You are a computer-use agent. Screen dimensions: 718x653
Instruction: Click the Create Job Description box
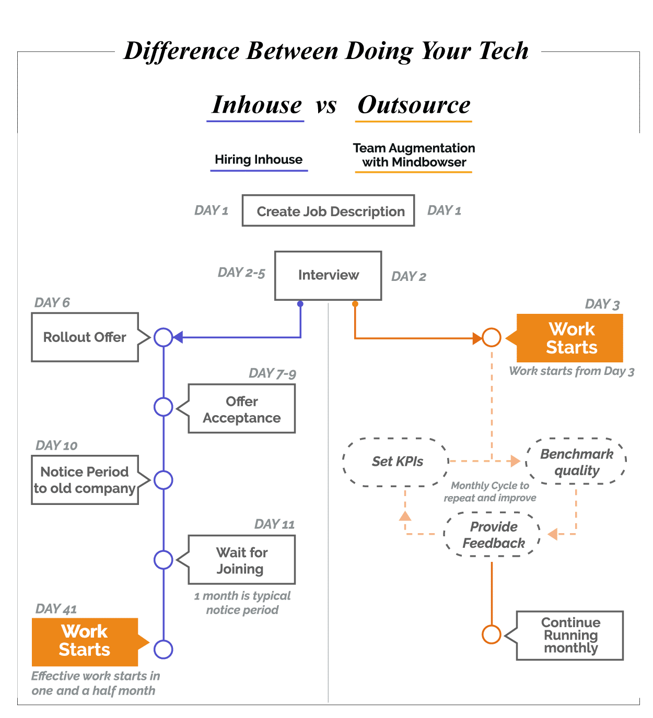pyautogui.click(x=328, y=211)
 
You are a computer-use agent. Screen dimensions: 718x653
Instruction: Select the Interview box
pyautogui.click(x=328, y=275)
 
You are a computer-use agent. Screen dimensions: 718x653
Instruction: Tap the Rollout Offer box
pyautogui.click(x=85, y=337)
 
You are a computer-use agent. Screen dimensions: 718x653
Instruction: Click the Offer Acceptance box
pyautogui.click(x=242, y=409)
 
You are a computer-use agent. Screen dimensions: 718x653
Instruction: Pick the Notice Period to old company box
pyautogui.click(x=85, y=480)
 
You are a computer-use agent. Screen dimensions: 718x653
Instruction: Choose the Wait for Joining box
pyautogui.click(x=242, y=560)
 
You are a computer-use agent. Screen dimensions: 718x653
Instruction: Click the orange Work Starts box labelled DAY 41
pyautogui.click(x=85, y=641)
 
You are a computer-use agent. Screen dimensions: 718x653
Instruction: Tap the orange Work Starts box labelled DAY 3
pyautogui.click(x=570, y=338)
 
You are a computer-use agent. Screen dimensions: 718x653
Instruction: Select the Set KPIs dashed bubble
pyautogui.click(x=397, y=462)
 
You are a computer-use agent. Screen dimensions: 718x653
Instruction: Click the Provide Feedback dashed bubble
pyautogui.click(x=493, y=535)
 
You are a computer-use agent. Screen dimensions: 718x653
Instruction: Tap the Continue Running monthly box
pyautogui.click(x=570, y=635)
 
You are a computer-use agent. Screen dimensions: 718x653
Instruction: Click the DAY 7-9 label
pyautogui.click(x=272, y=373)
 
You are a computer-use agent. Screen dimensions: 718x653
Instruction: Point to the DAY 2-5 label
pyautogui.click(x=241, y=273)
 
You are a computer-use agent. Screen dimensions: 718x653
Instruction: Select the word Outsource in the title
pyautogui.click(x=414, y=105)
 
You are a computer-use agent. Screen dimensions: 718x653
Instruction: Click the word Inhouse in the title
pyautogui.click(x=256, y=105)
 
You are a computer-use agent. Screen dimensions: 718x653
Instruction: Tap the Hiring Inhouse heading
pyautogui.click(x=259, y=159)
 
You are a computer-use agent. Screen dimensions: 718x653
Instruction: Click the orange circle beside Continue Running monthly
pyautogui.click(x=491, y=634)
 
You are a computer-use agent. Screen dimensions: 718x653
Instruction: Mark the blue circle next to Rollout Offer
pyautogui.click(x=164, y=337)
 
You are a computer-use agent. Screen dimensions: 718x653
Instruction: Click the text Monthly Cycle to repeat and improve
pyautogui.click(x=490, y=491)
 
